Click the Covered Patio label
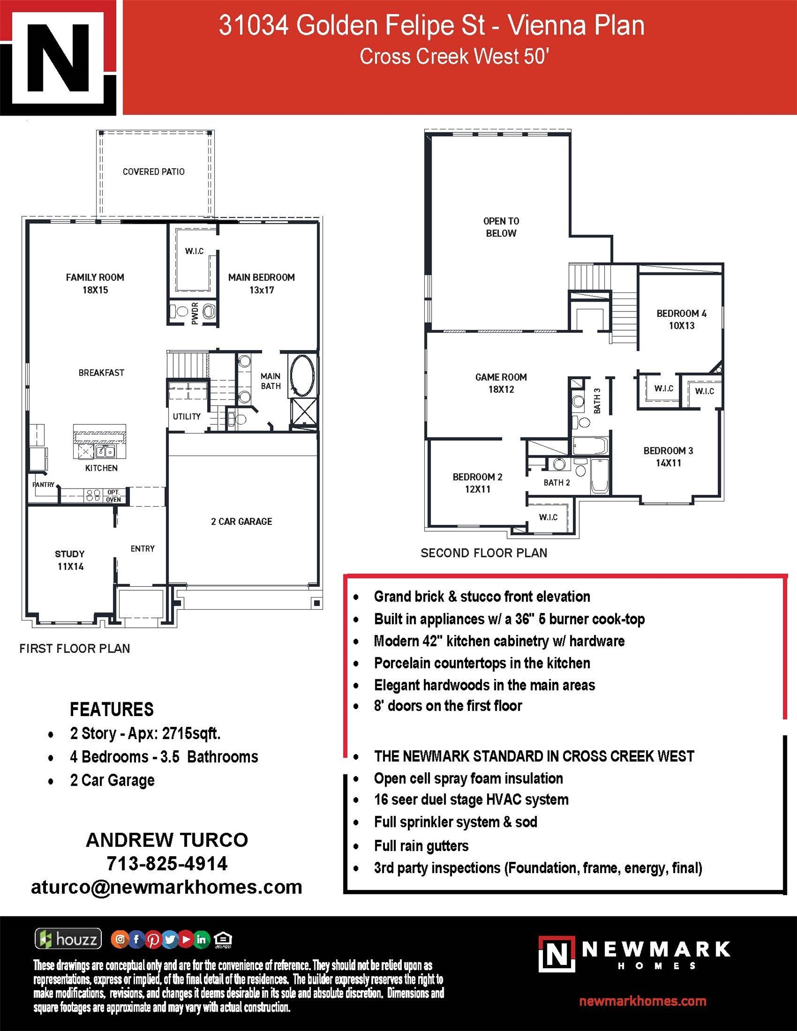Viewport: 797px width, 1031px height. pos(153,172)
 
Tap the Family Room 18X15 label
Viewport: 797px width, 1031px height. pos(95,284)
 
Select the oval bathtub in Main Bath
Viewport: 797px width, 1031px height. pos(302,375)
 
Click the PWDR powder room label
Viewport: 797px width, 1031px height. pos(195,313)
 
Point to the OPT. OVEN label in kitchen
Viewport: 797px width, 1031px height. pos(113,495)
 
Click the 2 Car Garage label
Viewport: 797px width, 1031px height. pos(241,521)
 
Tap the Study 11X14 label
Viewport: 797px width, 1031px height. pos(70,560)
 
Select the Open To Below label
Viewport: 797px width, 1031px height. pos(501,227)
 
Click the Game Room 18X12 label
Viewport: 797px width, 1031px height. pos(501,383)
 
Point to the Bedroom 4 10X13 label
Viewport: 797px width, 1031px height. pos(681,319)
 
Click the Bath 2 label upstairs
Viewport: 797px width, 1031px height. pos(557,483)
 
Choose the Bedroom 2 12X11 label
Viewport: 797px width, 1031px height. pos(477,483)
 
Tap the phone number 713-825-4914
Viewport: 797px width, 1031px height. pos(167,863)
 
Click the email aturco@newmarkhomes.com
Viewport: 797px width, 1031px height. pos(167,887)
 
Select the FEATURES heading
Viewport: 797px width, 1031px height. pos(111,709)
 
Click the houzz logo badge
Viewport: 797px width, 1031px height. pos(68,939)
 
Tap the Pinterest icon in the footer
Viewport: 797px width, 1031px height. pos(153,939)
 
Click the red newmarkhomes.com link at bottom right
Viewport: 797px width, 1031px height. pos(643,1001)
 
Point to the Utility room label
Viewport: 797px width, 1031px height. pos(187,417)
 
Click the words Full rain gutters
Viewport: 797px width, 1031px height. pos(421,846)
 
